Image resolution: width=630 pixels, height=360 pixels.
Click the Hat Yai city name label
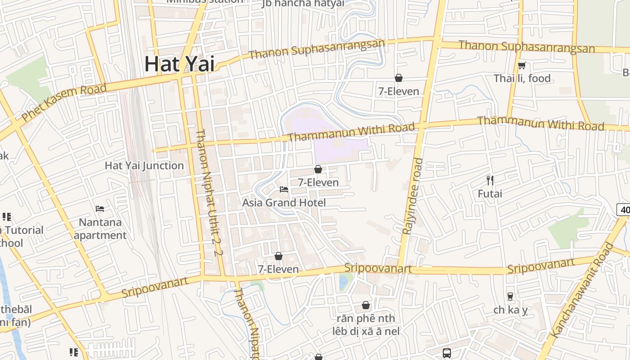click(179, 64)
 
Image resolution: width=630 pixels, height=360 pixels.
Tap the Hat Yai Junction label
click(144, 166)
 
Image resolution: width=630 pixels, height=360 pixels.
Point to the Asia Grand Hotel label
click(283, 202)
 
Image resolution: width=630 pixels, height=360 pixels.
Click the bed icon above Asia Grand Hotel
click(284, 189)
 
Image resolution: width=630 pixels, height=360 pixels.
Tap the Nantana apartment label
click(100, 229)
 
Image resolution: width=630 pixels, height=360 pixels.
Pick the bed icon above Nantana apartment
click(100, 208)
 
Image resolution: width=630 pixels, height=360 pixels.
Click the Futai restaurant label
click(490, 194)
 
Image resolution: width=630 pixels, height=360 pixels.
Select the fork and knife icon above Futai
click(490, 180)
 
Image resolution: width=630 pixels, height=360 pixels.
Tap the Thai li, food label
click(522, 78)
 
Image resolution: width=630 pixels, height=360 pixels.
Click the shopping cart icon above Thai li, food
click(522, 66)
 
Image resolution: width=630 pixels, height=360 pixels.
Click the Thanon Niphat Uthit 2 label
click(209, 193)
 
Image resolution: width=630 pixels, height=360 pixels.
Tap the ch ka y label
click(510, 310)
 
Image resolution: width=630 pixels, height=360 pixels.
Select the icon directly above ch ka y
click(510, 297)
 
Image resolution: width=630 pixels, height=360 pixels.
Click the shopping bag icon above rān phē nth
click(366, 305)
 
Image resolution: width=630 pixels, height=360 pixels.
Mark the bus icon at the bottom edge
click(447, 353)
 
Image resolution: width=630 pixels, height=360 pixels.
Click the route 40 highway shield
click(624, 209)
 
